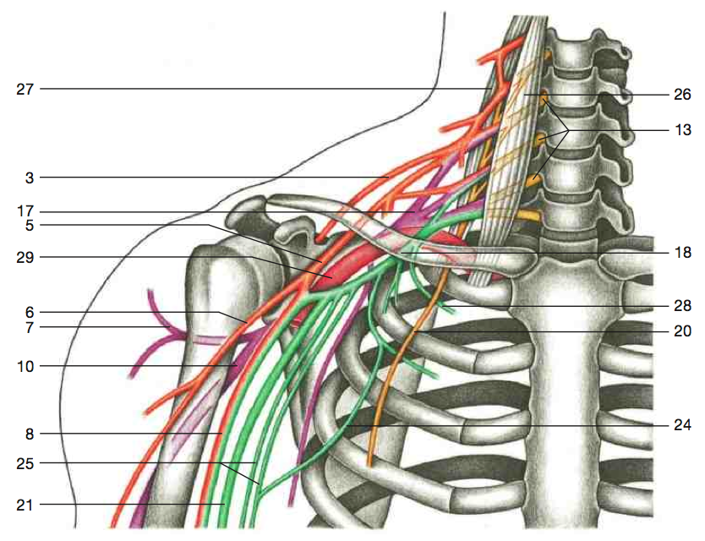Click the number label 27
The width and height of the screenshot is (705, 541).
25,89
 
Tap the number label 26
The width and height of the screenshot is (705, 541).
681,95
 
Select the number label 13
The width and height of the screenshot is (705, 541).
682,130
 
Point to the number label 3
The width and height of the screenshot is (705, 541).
30,178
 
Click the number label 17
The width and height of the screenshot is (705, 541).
25,211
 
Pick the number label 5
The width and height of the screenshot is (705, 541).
30,225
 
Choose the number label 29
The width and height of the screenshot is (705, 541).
25,258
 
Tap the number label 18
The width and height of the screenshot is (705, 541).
682,252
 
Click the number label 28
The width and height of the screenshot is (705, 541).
681,306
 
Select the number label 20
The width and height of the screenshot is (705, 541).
681,331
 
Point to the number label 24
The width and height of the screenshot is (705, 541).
681,424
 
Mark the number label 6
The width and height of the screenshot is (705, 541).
30,312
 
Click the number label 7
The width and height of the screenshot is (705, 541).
30,328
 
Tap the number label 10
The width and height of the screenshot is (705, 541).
25,367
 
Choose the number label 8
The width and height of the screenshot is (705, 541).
30,434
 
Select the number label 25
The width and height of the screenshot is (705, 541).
25,463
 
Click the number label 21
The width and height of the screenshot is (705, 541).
25,505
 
